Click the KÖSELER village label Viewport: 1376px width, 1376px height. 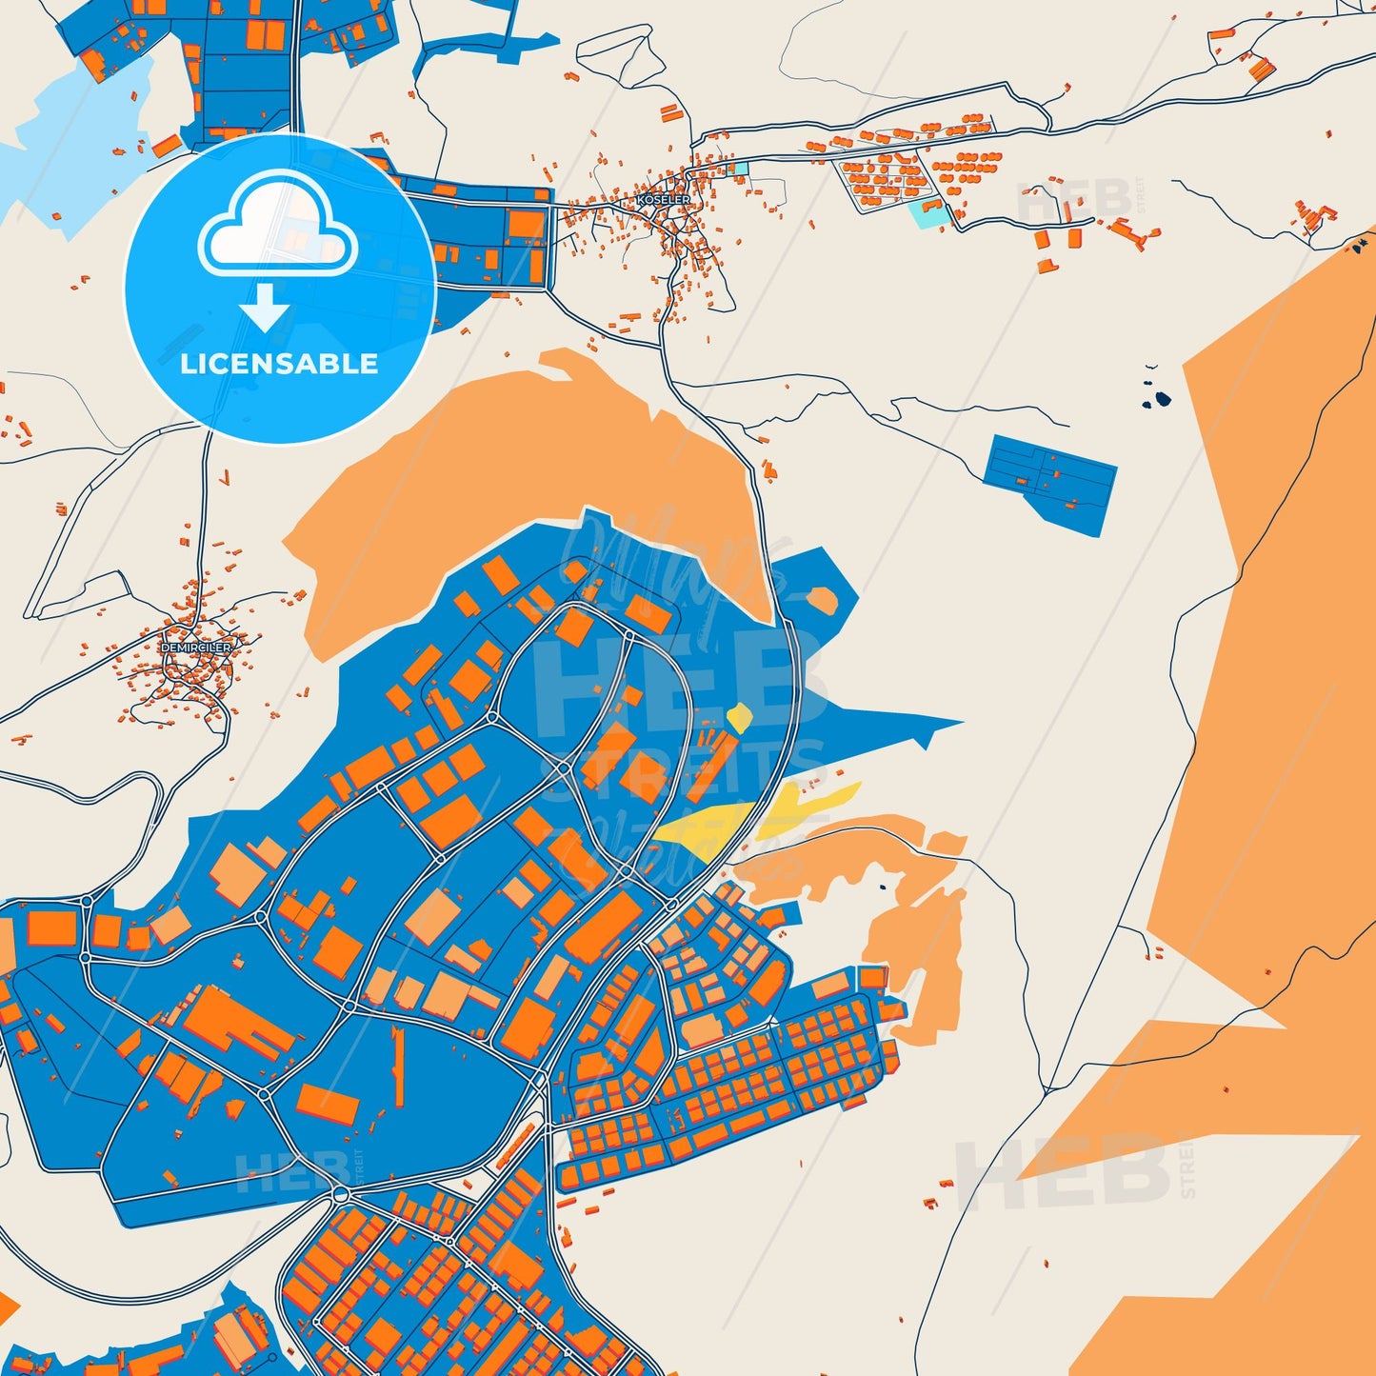(x=664, y=200)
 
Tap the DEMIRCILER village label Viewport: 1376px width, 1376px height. (x=195, y=648)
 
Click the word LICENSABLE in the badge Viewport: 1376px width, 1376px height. (x=279, y=364)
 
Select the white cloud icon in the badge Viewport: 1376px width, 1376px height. (x=277, y=227)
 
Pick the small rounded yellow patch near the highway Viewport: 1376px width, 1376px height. (x=739, y=716)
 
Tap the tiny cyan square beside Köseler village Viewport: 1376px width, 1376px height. (x=741, y=169)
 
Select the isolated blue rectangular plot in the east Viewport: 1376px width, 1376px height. (x=1051, y=481)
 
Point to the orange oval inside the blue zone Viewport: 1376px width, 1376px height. (x=821, y=600)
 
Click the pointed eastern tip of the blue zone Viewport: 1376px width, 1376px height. (x=957, y=725)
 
